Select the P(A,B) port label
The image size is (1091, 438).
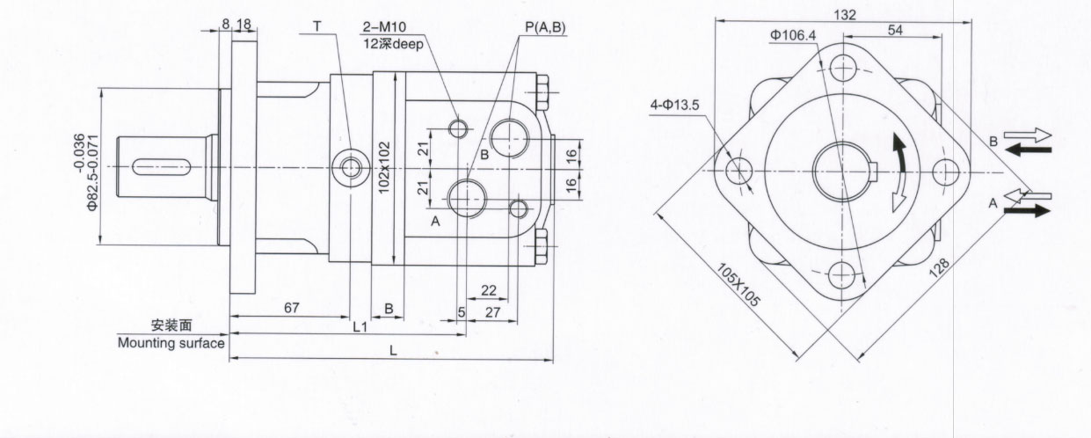(545, 28)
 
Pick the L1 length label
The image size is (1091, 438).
(360, 326)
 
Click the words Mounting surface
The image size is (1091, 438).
(171, 343)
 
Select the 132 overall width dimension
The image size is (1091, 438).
(844, 15)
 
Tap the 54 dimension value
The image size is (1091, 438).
(895, 32)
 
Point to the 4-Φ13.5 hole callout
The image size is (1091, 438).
(674, 107)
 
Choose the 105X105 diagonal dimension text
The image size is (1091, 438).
(738, 284)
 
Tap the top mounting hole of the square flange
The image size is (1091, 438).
(844, 67)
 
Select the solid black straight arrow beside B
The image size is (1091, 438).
(1029, 150)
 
